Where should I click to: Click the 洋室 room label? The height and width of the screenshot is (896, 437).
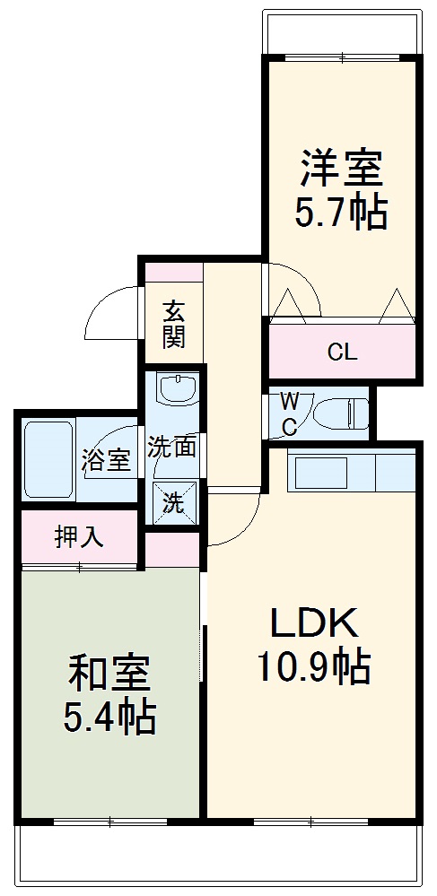coord(341,167)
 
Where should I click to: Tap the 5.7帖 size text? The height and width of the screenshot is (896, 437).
coord(341,213)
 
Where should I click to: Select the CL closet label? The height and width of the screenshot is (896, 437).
coord(342,352)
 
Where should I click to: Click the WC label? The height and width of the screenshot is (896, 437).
coord(290,413)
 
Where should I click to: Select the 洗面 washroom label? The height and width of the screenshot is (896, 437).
coord(172,447)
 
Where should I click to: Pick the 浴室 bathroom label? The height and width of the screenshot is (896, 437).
coord(106,460)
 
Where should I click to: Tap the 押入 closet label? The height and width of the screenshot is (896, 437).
coord(79,537)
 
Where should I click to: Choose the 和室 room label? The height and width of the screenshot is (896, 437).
coord(109,671)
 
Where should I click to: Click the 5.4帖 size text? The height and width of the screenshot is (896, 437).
coord(109,717)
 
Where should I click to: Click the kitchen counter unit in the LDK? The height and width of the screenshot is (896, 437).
coord(350,472)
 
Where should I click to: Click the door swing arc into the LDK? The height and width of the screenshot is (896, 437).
coord(235,520)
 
